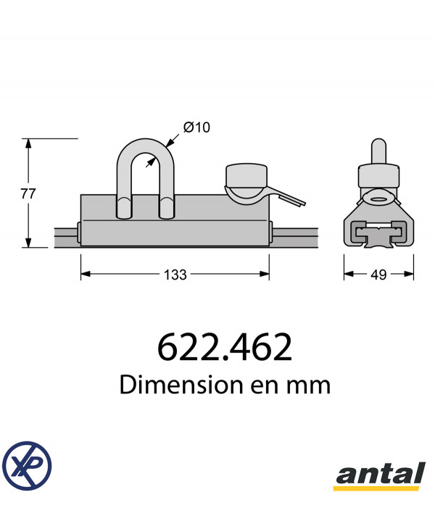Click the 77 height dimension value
(28, 193)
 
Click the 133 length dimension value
(175, 275)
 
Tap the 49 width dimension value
(378, 275)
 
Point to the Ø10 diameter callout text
(196, 128)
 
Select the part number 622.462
(225, 348)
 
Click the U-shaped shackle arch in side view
(146, 149)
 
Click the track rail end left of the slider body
(66, 236)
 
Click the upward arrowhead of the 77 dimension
(28, 143)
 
